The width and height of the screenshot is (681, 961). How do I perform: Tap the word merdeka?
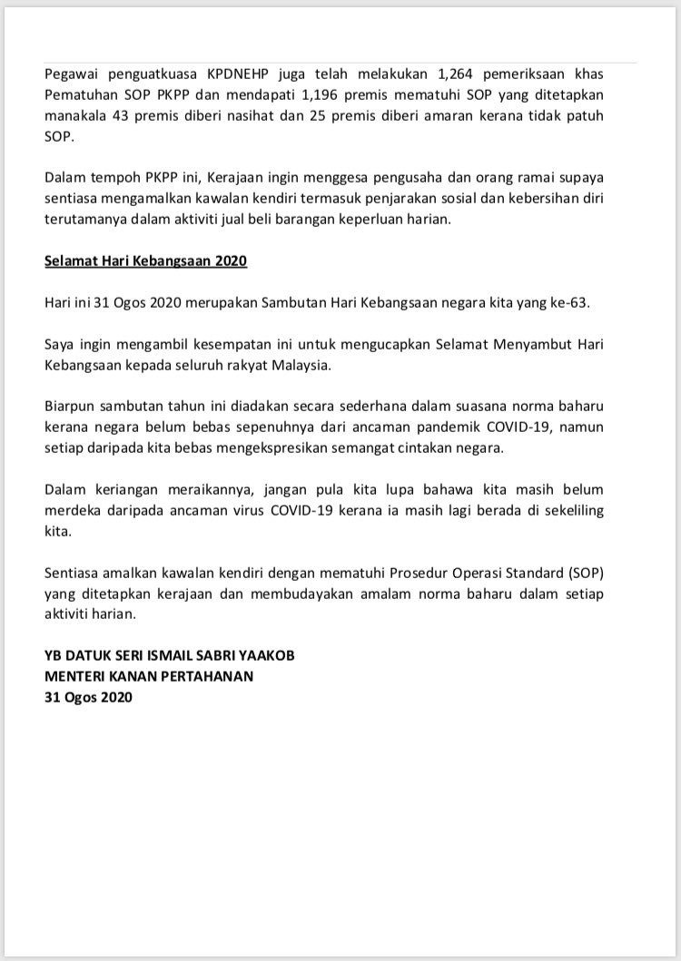(x=74, y=511)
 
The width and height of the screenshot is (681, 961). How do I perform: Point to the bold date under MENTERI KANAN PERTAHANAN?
(x=87, y=698)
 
